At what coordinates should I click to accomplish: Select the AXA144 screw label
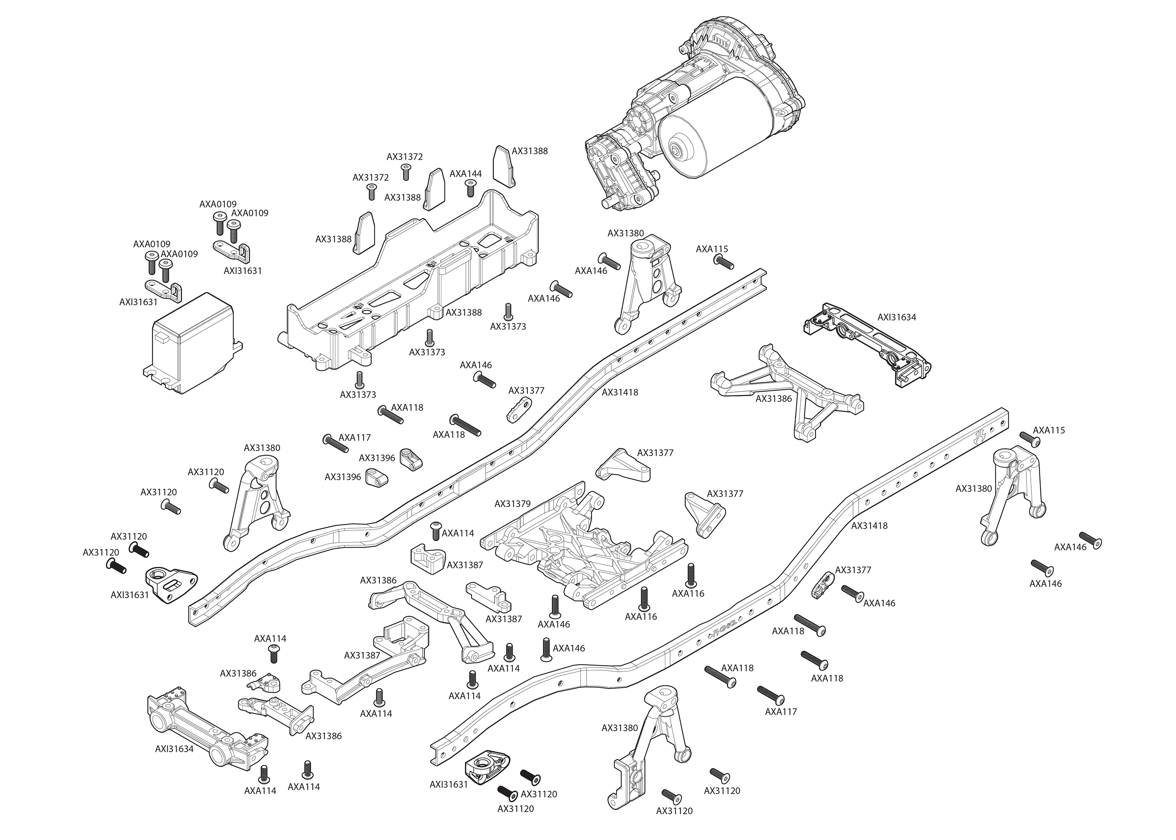pos(466,174)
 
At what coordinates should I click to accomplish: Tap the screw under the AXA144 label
pos(470,190)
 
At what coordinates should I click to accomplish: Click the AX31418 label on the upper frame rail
pos(619,393)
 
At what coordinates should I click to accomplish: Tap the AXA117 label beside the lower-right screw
pos(780,712)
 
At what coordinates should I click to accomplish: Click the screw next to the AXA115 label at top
pos(723,262)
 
